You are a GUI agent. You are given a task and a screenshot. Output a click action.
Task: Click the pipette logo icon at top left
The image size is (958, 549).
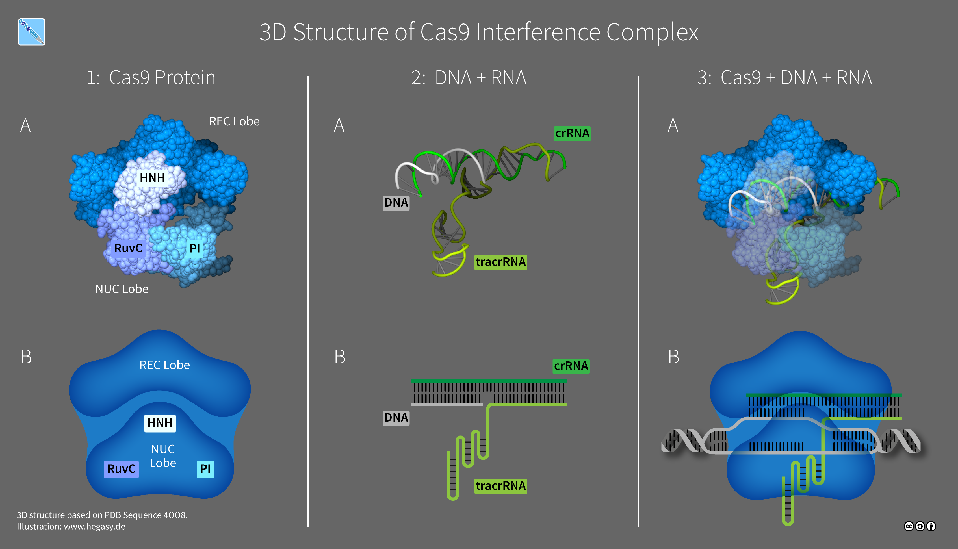(32, 32)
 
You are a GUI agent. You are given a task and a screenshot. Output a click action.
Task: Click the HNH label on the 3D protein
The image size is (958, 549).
(152, 178)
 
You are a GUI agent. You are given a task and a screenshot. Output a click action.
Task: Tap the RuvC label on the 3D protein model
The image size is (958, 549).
(128, 248)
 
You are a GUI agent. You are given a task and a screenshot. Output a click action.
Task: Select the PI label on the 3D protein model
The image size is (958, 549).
(194, 248)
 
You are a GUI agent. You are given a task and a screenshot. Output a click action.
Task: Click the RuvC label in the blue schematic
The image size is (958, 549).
(121, 469)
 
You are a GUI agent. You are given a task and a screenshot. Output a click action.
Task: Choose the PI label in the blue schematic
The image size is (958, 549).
(205, 469)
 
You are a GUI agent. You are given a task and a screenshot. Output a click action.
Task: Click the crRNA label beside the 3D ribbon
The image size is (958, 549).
(572, 133)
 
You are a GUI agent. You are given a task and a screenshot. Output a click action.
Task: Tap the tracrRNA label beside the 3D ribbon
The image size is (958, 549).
(500, 262)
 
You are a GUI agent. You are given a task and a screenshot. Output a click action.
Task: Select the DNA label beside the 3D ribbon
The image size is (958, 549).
(396, 203)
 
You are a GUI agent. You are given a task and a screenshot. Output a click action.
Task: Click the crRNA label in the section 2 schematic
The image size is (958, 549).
(571, 366)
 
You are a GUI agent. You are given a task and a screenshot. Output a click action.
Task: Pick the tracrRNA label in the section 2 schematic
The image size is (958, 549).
(500, 486)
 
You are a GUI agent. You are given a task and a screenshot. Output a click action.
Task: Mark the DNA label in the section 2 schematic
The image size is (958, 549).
(396, 417)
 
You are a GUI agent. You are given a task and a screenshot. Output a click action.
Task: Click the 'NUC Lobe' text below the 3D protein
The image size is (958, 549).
(122, 289)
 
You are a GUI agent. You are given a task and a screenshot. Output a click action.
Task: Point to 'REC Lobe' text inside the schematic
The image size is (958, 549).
(164, 365)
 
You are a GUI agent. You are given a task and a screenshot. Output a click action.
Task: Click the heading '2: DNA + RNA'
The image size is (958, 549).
(469, 78)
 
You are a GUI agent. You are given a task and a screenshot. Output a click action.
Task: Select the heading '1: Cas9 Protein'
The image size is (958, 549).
(151, 78)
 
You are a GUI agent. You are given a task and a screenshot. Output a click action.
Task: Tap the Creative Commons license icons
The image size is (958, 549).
(920, 526)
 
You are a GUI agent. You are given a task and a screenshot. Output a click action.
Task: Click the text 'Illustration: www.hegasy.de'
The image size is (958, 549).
(71, 526)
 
